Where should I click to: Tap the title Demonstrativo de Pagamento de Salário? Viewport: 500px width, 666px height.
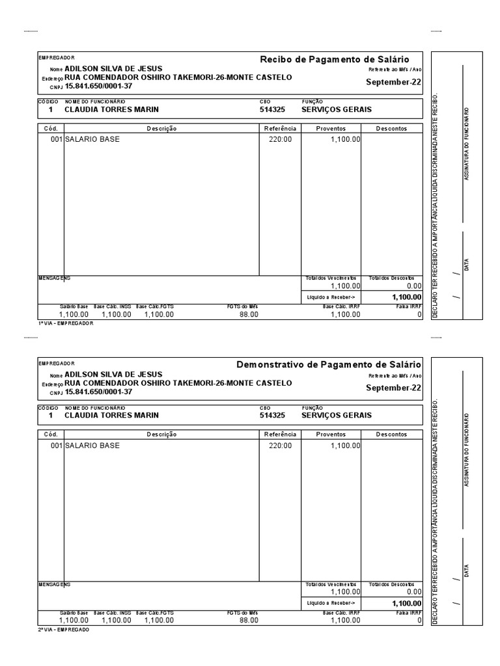pos(329,364)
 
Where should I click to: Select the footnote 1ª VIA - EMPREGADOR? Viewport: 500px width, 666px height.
pos(66,323)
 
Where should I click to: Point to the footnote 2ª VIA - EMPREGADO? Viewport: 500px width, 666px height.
pos(64,630)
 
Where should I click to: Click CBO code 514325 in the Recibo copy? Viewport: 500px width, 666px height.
pos(272,110)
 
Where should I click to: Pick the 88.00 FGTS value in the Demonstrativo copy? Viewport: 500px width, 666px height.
pos(249,620)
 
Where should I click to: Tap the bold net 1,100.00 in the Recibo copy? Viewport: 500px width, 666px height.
pos(406,297)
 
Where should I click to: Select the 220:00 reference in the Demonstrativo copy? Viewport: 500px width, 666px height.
pos(281,446)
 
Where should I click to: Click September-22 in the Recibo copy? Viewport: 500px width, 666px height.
pos(393,82)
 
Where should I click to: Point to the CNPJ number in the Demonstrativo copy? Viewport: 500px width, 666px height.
pos(98,392)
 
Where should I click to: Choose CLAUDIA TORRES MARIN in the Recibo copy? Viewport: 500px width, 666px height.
pos(111,110)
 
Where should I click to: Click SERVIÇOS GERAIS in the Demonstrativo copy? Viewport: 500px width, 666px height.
pos(337,415)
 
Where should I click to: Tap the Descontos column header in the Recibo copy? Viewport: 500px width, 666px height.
pos(391,128)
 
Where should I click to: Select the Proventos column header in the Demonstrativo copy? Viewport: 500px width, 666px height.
pos(331,434)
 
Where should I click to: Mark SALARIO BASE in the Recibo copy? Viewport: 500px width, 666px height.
pos(92,139)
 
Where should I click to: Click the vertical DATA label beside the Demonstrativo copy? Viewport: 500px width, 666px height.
pos(466,570)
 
